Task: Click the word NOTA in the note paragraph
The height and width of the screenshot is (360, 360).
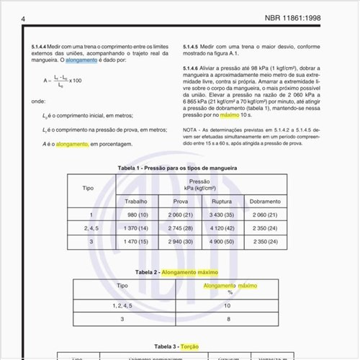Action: click(x=192, y=130)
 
